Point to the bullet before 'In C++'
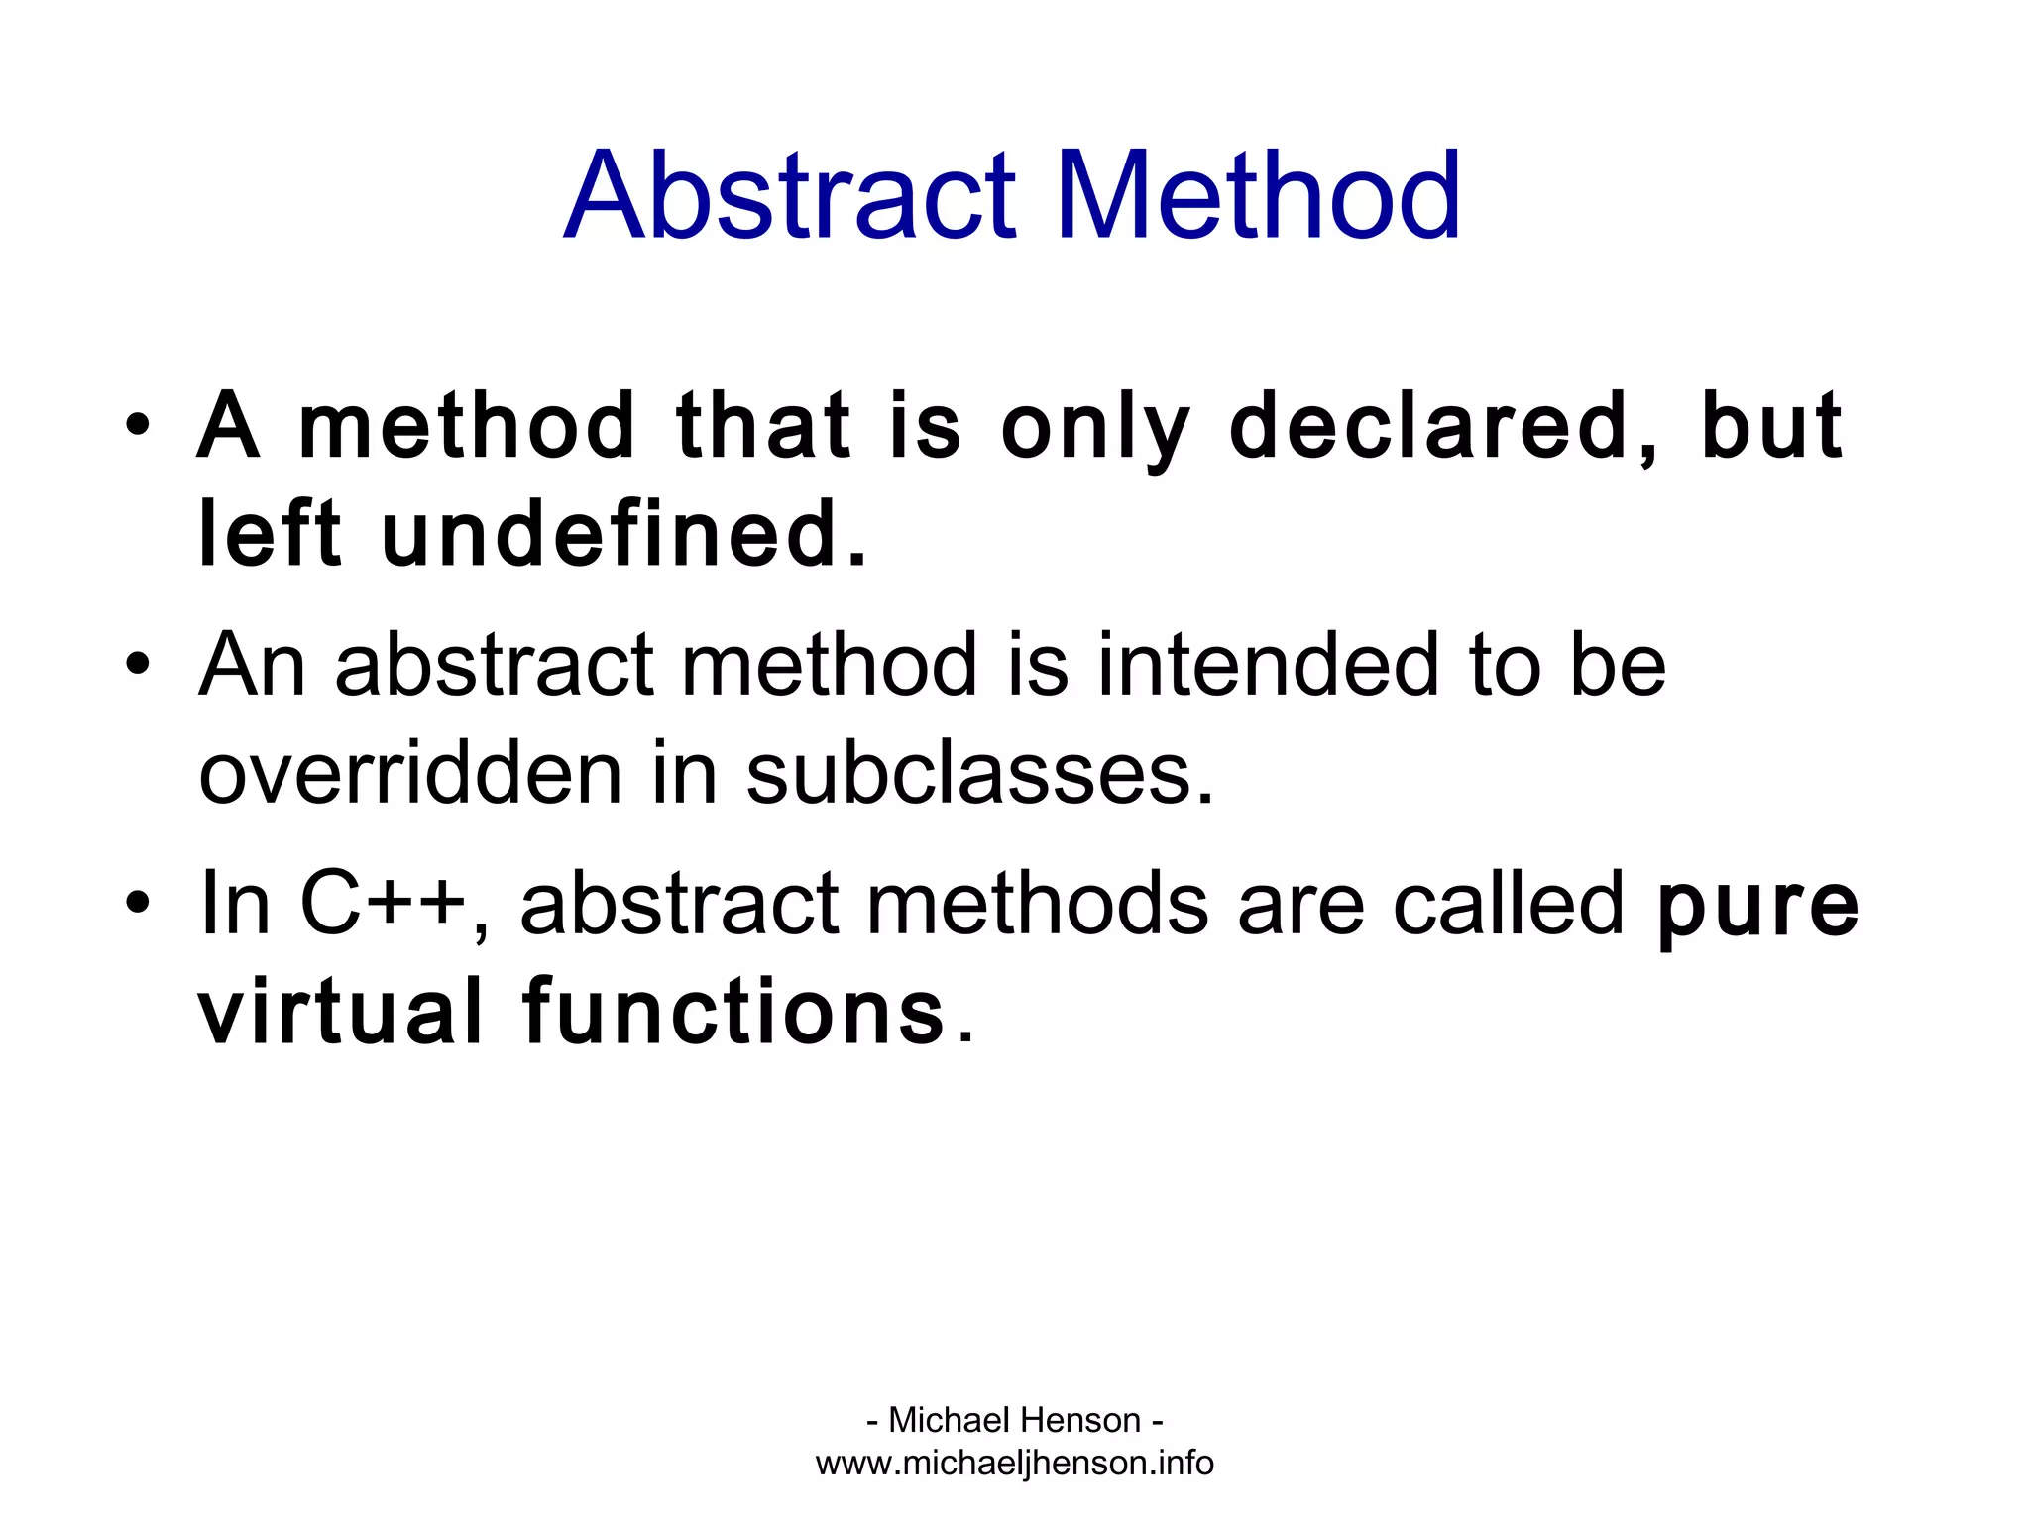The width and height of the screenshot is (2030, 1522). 138,902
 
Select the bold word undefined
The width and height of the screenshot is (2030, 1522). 622,535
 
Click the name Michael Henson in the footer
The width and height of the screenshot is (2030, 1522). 1014,1420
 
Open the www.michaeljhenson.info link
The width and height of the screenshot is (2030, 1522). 1014,1464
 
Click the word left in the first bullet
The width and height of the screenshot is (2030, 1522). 270,535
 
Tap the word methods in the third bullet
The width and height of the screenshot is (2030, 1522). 1037,903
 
